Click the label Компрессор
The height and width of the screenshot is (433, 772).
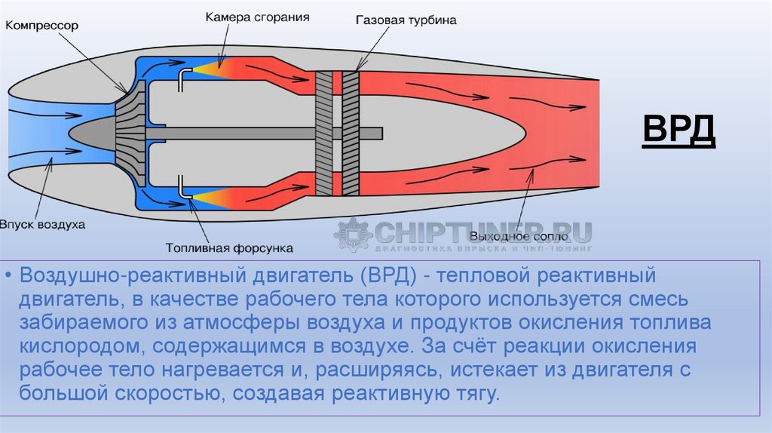(42, 25)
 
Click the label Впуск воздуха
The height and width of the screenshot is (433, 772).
(43, 225)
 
